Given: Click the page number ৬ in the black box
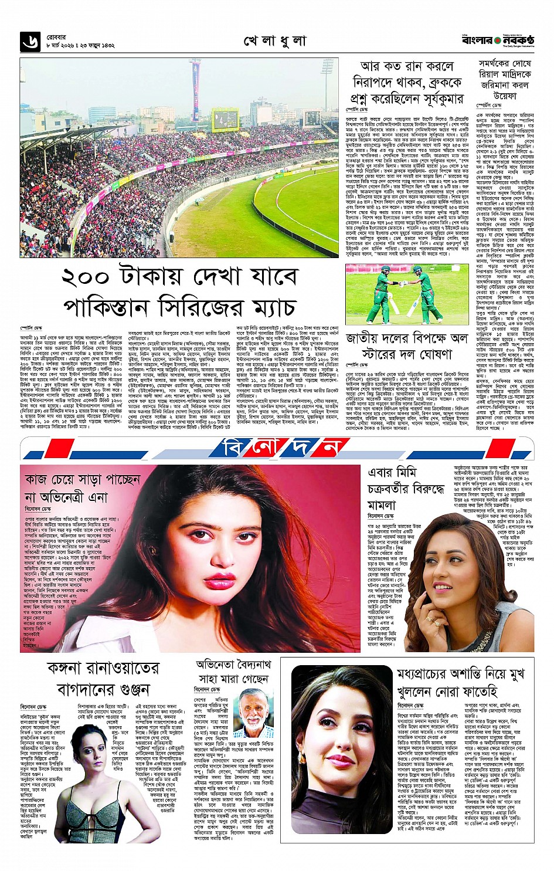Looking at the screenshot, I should [x=29, y=41].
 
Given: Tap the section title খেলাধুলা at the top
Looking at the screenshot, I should [x=275, y=41].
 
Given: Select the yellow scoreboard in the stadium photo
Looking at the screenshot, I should [x=225, y=120].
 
